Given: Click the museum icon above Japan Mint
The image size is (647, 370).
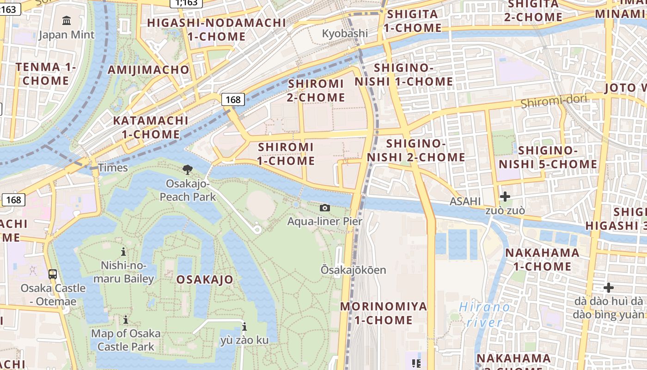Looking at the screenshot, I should tap(67, 20).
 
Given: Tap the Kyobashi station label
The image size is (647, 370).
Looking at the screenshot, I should tap(345, 33).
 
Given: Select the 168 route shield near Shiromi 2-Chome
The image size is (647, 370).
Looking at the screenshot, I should tap(233, 99).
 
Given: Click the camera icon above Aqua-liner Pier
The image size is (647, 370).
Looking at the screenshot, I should tap(325, 208).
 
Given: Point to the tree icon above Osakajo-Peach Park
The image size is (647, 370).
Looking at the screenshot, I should tap(188, 170).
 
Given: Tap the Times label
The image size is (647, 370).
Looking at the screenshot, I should tap(113, 167).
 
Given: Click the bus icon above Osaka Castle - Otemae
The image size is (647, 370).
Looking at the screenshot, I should tap(53, 274).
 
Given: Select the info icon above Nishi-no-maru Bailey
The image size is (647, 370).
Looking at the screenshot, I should tap(123, 252).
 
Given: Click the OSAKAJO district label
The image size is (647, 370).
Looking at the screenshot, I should tap(205, 280).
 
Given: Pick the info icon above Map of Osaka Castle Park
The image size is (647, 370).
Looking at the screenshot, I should tap(126, 320).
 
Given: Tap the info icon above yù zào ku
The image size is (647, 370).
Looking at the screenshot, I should tap(244, 327).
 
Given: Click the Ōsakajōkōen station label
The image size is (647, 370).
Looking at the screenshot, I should tap(354, 270).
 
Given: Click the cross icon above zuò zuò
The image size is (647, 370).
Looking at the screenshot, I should tap(505, 197).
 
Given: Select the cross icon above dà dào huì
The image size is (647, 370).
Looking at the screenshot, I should tap(609, 288).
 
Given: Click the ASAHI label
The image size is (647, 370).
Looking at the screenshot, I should tap(465, 201).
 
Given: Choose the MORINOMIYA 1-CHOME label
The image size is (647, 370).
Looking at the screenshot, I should tap(383, 313).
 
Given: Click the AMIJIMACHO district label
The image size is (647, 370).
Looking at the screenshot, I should tap(148, 70).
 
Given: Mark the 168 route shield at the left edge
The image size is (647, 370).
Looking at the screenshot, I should tap(13, 200).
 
